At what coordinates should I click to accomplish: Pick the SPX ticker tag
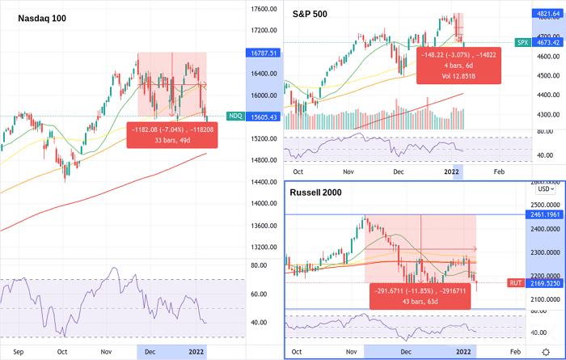coord(522,41)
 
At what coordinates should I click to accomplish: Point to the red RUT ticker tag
coord(514,283)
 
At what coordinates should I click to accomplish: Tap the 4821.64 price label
coord(547,13)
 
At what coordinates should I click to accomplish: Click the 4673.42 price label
coord(547,41)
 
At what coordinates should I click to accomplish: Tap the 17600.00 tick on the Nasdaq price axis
coord(258,9)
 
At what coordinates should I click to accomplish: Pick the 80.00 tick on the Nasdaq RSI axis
coord(258,265)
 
